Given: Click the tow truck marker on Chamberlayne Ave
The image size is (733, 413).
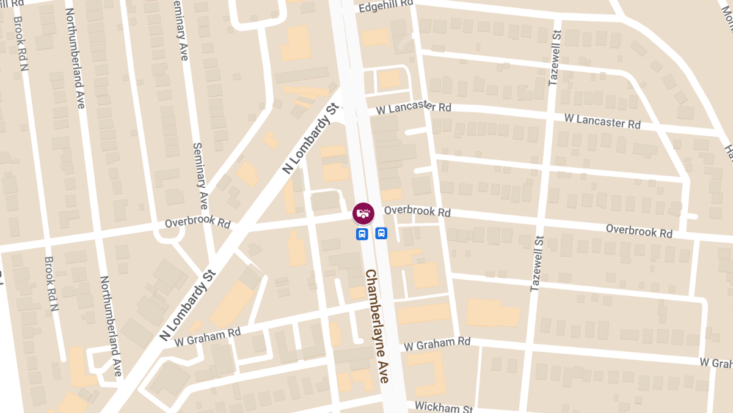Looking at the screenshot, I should [363, 213].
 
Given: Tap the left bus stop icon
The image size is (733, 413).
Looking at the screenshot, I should [362, 234].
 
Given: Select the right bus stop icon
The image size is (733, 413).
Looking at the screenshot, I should [381, 233].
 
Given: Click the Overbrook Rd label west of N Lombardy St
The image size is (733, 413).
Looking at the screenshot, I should [197, 221].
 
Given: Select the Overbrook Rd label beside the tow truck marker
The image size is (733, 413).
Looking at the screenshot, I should [417, 211].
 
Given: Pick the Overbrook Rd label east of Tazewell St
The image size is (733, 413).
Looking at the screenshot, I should [639, 231].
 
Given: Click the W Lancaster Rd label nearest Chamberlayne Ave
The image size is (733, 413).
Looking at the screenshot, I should [414, 108].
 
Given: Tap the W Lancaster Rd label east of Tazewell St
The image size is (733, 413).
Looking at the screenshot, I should [602, 120].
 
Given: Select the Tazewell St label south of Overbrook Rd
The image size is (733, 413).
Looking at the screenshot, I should [536, 263].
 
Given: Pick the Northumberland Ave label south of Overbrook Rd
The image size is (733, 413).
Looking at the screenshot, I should [110, 326].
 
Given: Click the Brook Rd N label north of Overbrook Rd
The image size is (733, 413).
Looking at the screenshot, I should [23, 39].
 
